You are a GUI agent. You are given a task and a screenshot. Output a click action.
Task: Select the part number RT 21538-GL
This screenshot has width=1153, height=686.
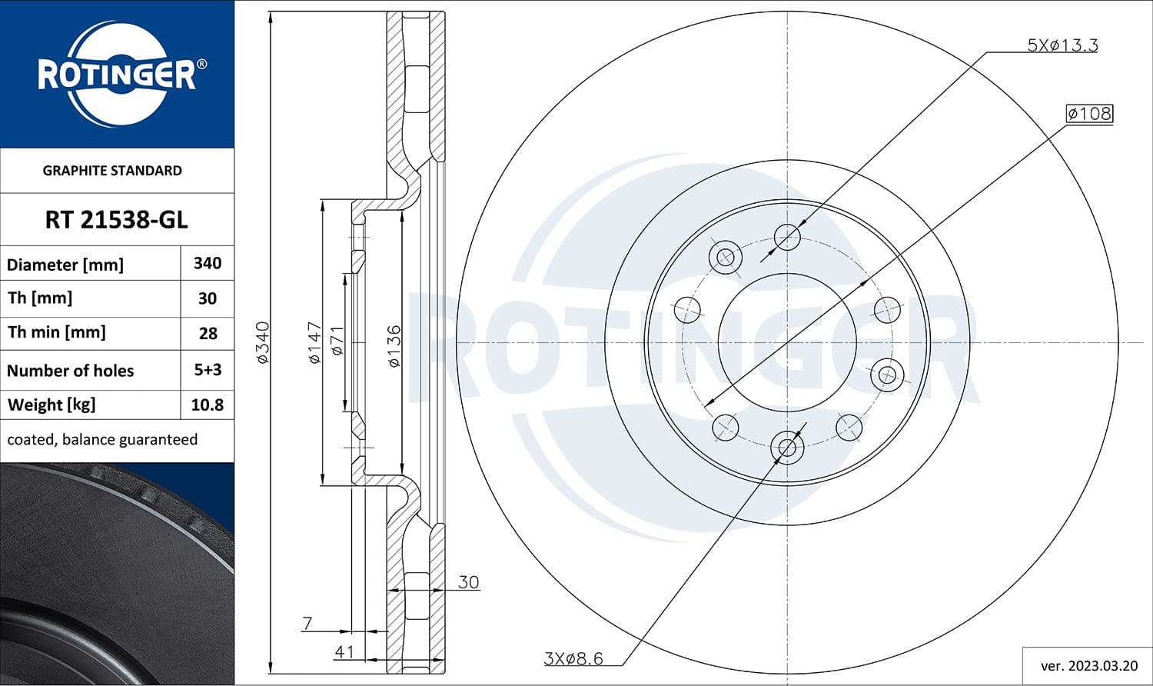point(116,220)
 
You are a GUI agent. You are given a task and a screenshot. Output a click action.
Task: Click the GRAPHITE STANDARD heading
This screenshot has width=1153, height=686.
point(112,171)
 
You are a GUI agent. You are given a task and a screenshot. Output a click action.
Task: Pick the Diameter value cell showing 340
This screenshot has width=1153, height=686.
point(207,263)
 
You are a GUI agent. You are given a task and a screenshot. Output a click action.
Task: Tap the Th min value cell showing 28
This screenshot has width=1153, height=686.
point(207,333)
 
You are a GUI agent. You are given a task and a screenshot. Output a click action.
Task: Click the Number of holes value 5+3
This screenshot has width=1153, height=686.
point(207,370)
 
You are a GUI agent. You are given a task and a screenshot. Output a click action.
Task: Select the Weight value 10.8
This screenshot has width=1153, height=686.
point(207,405)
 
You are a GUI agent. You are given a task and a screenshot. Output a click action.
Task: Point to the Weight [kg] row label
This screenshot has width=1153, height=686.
point(52,405)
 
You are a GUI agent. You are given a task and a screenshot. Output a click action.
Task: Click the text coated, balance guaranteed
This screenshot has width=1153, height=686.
point(102,439)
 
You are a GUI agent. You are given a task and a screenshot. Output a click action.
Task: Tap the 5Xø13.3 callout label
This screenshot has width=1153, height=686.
point(1062,45)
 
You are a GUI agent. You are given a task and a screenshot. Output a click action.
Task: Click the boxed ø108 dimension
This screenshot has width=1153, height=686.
point(1089,114)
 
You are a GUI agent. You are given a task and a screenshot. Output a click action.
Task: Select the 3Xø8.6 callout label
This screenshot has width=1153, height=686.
point(573,658)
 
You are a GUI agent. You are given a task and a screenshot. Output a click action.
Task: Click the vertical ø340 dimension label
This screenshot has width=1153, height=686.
point(263,343)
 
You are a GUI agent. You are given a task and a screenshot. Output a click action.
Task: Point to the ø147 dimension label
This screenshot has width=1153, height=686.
point(314,343)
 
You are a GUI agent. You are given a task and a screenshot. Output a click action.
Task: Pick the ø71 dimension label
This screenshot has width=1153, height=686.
point(337,341)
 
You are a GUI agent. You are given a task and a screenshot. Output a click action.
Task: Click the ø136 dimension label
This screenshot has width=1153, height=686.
point(394,346)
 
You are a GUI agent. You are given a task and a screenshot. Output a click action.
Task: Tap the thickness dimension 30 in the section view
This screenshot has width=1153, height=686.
point(468,582)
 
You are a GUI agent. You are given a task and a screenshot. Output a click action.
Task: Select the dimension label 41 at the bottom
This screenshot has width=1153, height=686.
point(344,651)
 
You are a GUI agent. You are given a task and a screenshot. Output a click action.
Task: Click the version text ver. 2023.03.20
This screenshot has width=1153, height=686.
point(1087,665)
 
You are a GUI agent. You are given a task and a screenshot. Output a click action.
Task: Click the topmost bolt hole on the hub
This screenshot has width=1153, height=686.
point(787,237)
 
